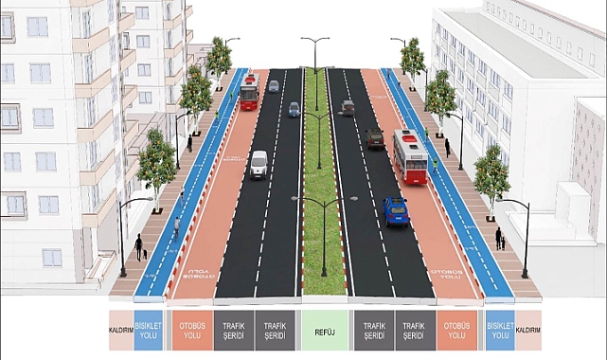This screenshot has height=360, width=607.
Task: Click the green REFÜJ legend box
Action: [325, 331]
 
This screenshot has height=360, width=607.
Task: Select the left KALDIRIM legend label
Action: [121, 331]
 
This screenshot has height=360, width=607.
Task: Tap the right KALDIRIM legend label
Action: [528, 331]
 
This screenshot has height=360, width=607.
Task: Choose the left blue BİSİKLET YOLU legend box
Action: [148, 331]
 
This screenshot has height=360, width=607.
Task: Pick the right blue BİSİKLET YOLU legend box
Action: [500, 331]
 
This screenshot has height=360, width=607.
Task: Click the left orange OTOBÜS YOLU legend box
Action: [192, 331]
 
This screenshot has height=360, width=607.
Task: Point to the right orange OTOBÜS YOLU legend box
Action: [456, 331]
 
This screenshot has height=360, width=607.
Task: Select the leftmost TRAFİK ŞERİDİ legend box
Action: [234, 331]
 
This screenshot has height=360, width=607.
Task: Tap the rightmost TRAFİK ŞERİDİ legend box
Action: [415, 331]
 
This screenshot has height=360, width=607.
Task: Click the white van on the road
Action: [259, 165]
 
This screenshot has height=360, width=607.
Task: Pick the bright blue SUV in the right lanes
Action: [396, 211]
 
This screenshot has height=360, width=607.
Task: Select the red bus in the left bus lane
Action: [250, 92]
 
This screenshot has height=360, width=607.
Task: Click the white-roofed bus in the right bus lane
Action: [411, 156]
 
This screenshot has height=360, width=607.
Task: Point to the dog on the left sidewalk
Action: [145, 254]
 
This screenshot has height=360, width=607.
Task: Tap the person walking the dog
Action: [138, 246]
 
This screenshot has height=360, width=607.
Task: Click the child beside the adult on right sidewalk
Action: [503, 243]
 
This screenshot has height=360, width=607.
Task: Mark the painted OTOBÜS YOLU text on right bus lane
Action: [447, 275]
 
